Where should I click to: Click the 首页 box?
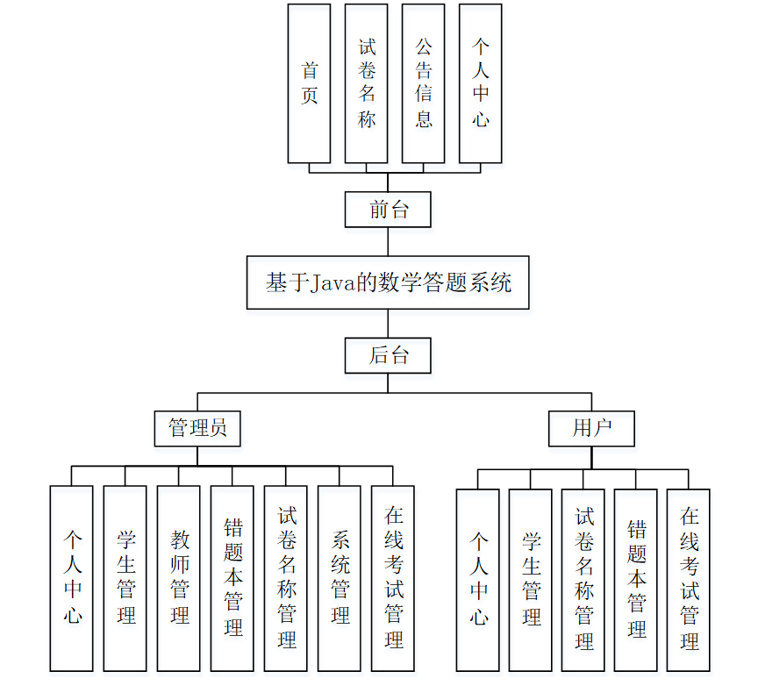coord(310,83)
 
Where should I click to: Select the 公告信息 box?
coord(423,83)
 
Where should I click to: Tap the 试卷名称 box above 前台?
coord(367,83)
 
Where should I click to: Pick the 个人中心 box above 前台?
coord(480,83)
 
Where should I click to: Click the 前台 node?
coord(388,210)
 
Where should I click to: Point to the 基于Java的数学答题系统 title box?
coord(388,282)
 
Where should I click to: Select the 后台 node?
coord(388,355)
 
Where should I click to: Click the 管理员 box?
coord(197,428)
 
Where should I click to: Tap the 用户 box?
coord(591,428)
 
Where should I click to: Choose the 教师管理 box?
coord(179,578)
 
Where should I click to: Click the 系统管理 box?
coord(340,578)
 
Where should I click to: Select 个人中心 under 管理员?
coord(72,578)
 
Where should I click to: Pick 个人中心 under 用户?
coord(478,580)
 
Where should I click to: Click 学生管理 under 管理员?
coord(125,578)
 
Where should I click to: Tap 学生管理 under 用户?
coord(531,580)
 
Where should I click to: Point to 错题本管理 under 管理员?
coord(232,578)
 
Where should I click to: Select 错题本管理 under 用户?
coord(636,580)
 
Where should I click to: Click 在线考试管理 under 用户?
coord(689,580)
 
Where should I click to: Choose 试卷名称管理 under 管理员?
coord(286,578)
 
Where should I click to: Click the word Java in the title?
coord(328,283)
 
